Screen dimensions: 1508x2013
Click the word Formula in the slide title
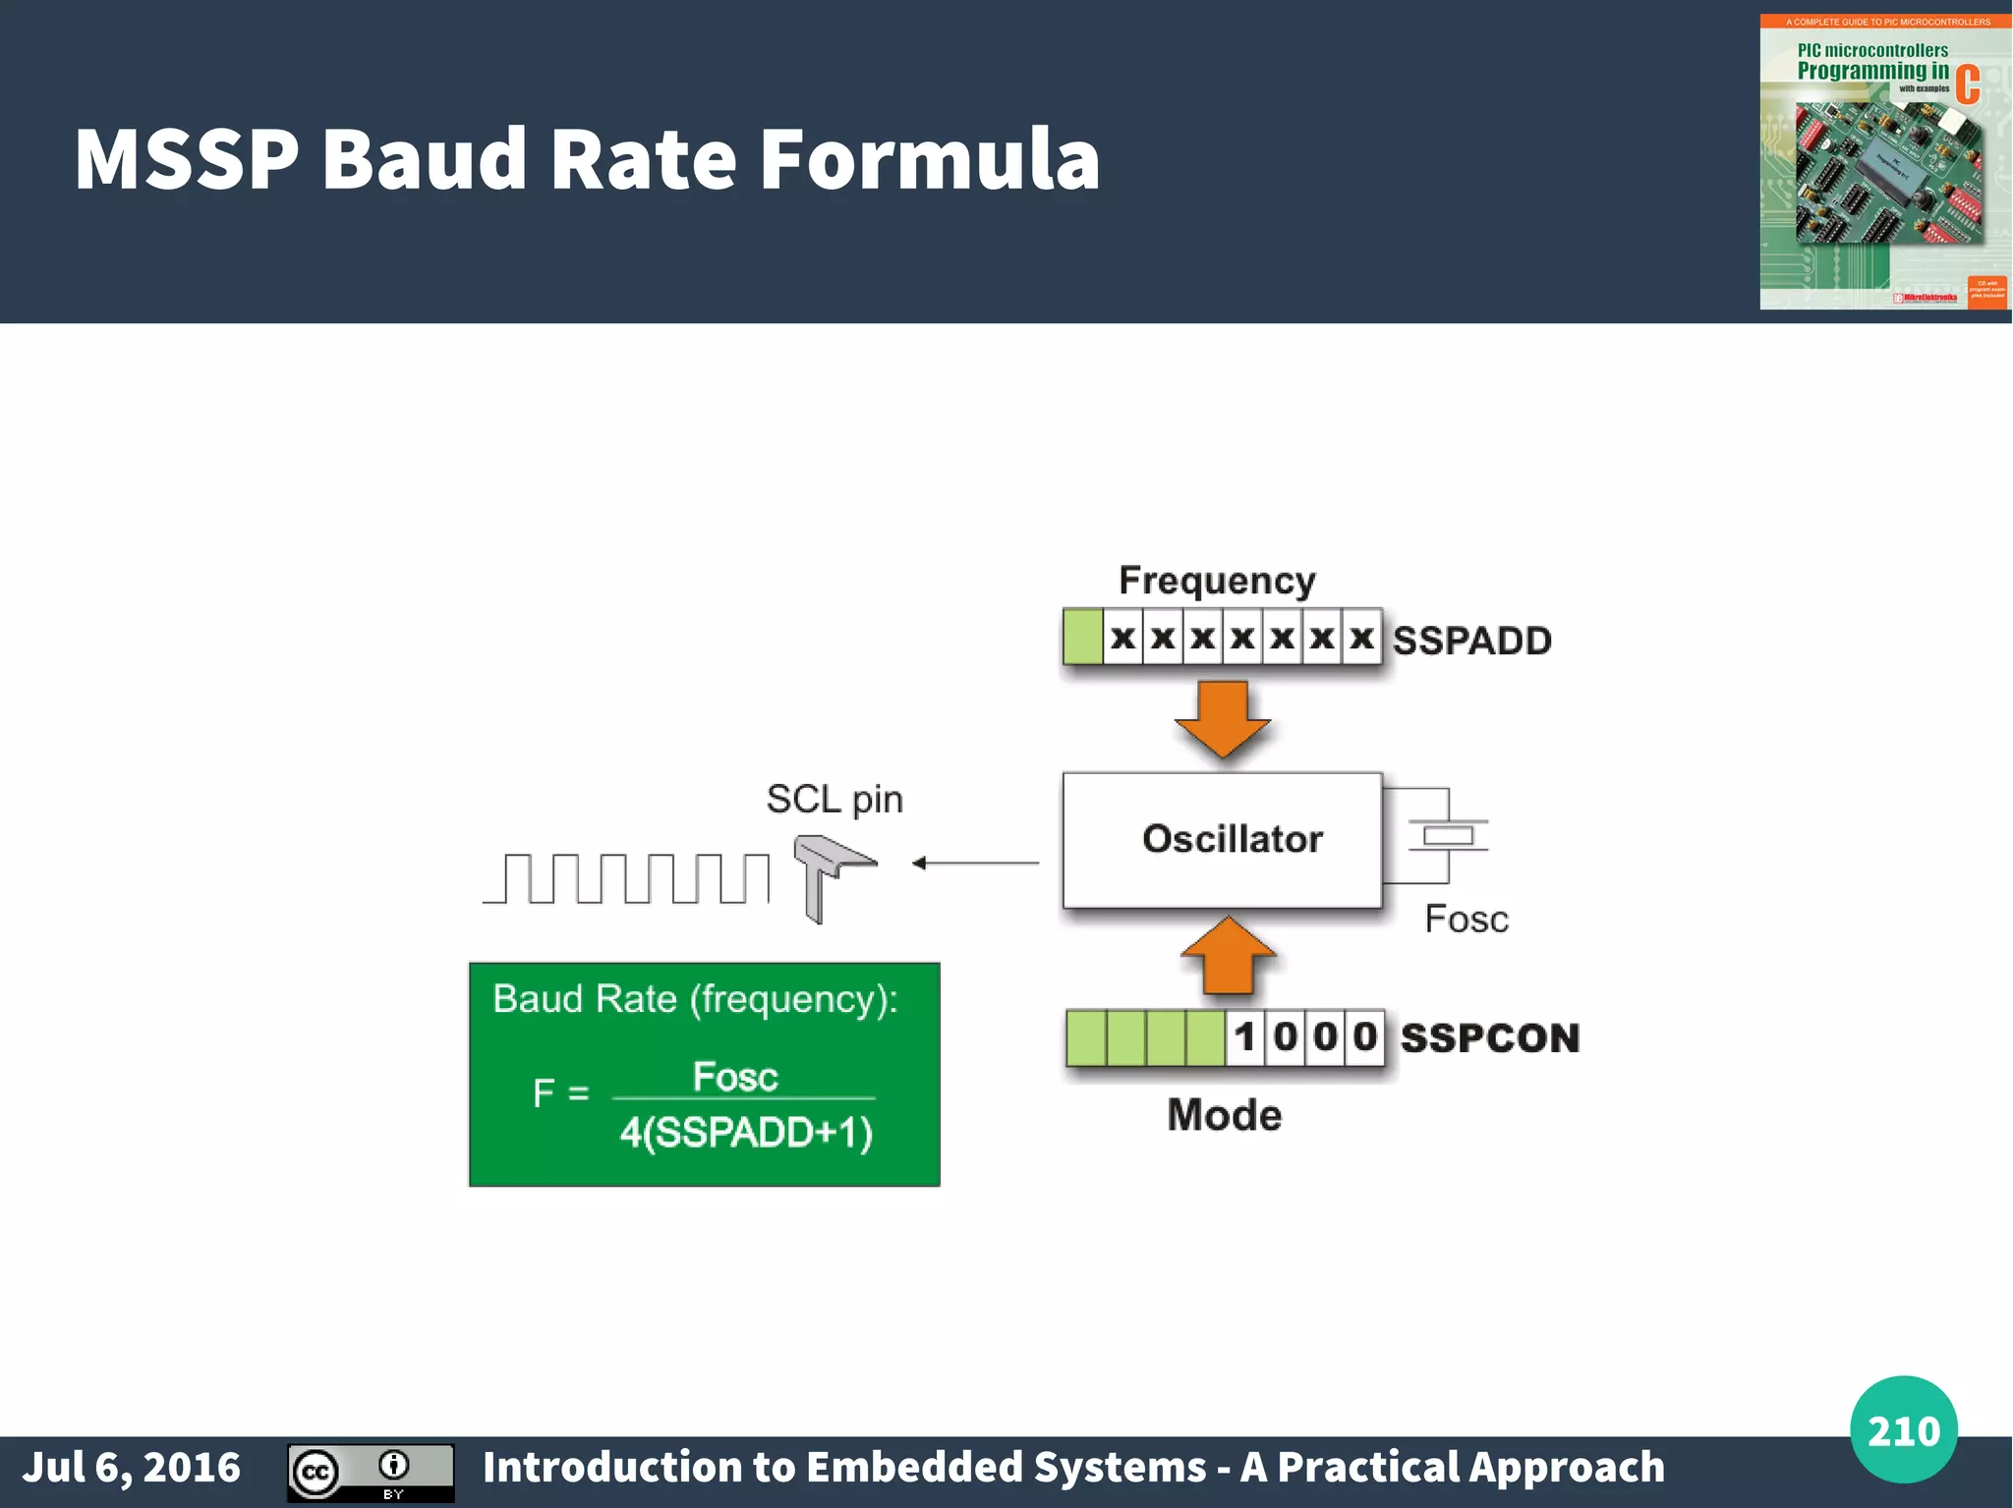coord(929,159)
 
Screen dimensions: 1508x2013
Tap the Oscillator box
coord(1222,840)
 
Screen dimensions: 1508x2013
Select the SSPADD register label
coord(1471,641)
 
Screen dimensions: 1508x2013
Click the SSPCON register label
coord(1489,1038)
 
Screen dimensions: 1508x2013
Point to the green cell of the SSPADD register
coord(1082,637)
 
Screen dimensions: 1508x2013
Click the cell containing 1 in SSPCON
coord(1244,1037)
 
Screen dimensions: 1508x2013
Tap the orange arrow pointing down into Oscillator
coord(1223,718)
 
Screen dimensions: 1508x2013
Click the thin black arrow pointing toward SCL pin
coord(973,864)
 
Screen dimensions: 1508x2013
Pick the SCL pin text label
coord(834,800)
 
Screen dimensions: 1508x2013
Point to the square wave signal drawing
coord(626,878)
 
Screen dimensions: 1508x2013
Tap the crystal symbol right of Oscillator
coord(1447,836)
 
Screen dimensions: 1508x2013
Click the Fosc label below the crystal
coord(1466,920)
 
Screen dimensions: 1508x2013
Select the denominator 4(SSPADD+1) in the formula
coord(745,1133)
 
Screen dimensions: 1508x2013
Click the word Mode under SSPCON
coord(1224,1116)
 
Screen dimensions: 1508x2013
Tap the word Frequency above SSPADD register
coord(1217,581)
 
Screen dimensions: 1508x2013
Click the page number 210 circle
coord(1903,1430)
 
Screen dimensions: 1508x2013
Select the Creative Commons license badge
coord(371,1473)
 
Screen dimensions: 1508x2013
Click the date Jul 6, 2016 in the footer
coord(132,1468)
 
